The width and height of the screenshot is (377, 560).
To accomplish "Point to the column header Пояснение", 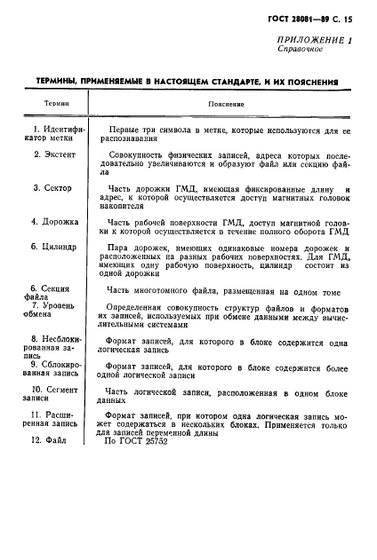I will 226,104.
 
